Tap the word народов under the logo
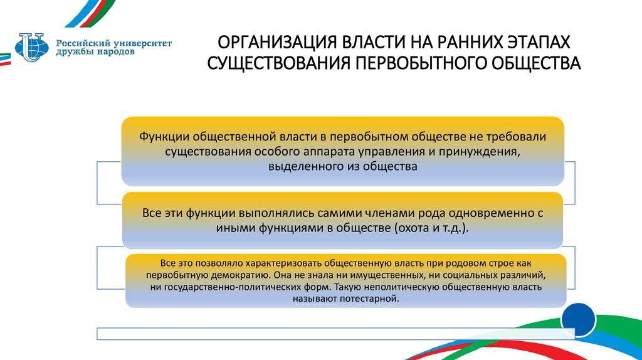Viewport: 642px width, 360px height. point(113,53)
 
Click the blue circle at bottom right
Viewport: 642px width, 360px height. point(578,320)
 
